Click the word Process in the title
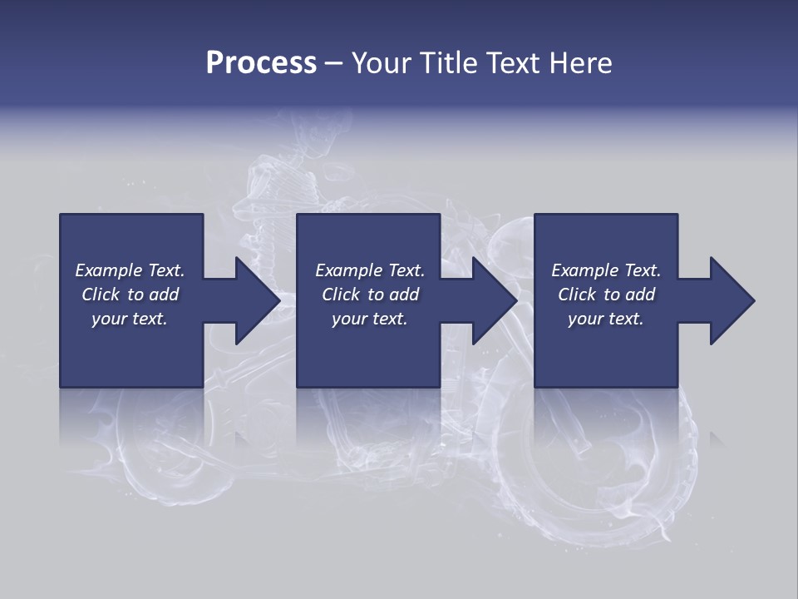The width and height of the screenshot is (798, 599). pyautogui.click(x=261, y=63)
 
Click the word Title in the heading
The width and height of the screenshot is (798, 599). pyautogui.click(x=450, y=63)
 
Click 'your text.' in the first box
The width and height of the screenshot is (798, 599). pyautogui.click(x=130, y=319)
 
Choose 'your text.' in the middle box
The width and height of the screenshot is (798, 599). pyautogui.click(x=370, y=319)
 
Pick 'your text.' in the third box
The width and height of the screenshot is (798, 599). pyautogui.click(x=606, y=319)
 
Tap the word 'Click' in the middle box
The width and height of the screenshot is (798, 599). pyautogui.click(x=341, y=295)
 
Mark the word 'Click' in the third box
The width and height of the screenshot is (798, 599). pyautogui.click(x=577, y=295)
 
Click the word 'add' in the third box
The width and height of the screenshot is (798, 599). pyautogui.click(x=640, y=295)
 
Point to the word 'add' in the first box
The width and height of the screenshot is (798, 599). pyautogui.click(x=164, y=295)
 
